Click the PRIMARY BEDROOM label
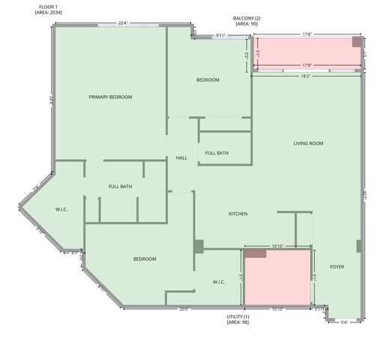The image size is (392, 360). point(110,97)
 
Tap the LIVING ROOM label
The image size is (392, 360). point(308,143)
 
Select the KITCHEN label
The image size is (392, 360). point(238,214)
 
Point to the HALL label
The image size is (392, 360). point(181,158)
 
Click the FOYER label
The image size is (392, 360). point(338,267)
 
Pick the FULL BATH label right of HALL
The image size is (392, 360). point(217,153)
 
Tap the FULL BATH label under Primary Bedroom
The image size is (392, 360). point(120,186)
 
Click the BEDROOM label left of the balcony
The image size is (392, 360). point(208,79)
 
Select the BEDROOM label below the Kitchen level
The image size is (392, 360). point(145,259)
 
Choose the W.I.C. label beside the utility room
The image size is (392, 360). point(219,282)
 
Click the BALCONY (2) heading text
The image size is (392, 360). point(247,17)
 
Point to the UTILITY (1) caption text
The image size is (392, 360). point(238,316)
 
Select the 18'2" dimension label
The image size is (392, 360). point(306,75)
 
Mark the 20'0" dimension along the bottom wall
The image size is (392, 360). point(184,309)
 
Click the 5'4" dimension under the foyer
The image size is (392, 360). point(344,322)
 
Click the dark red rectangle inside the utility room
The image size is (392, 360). point(256,254)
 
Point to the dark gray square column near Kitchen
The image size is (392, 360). point(199,246)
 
